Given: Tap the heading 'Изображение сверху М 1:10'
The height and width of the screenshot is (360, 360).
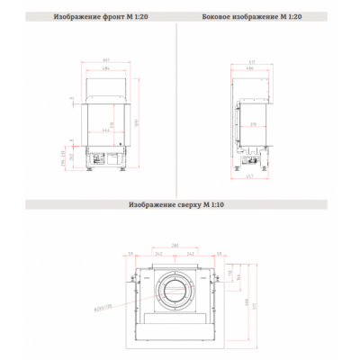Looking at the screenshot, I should click(179, 204).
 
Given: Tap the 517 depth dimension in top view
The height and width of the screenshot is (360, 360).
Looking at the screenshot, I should click(253, 305).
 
